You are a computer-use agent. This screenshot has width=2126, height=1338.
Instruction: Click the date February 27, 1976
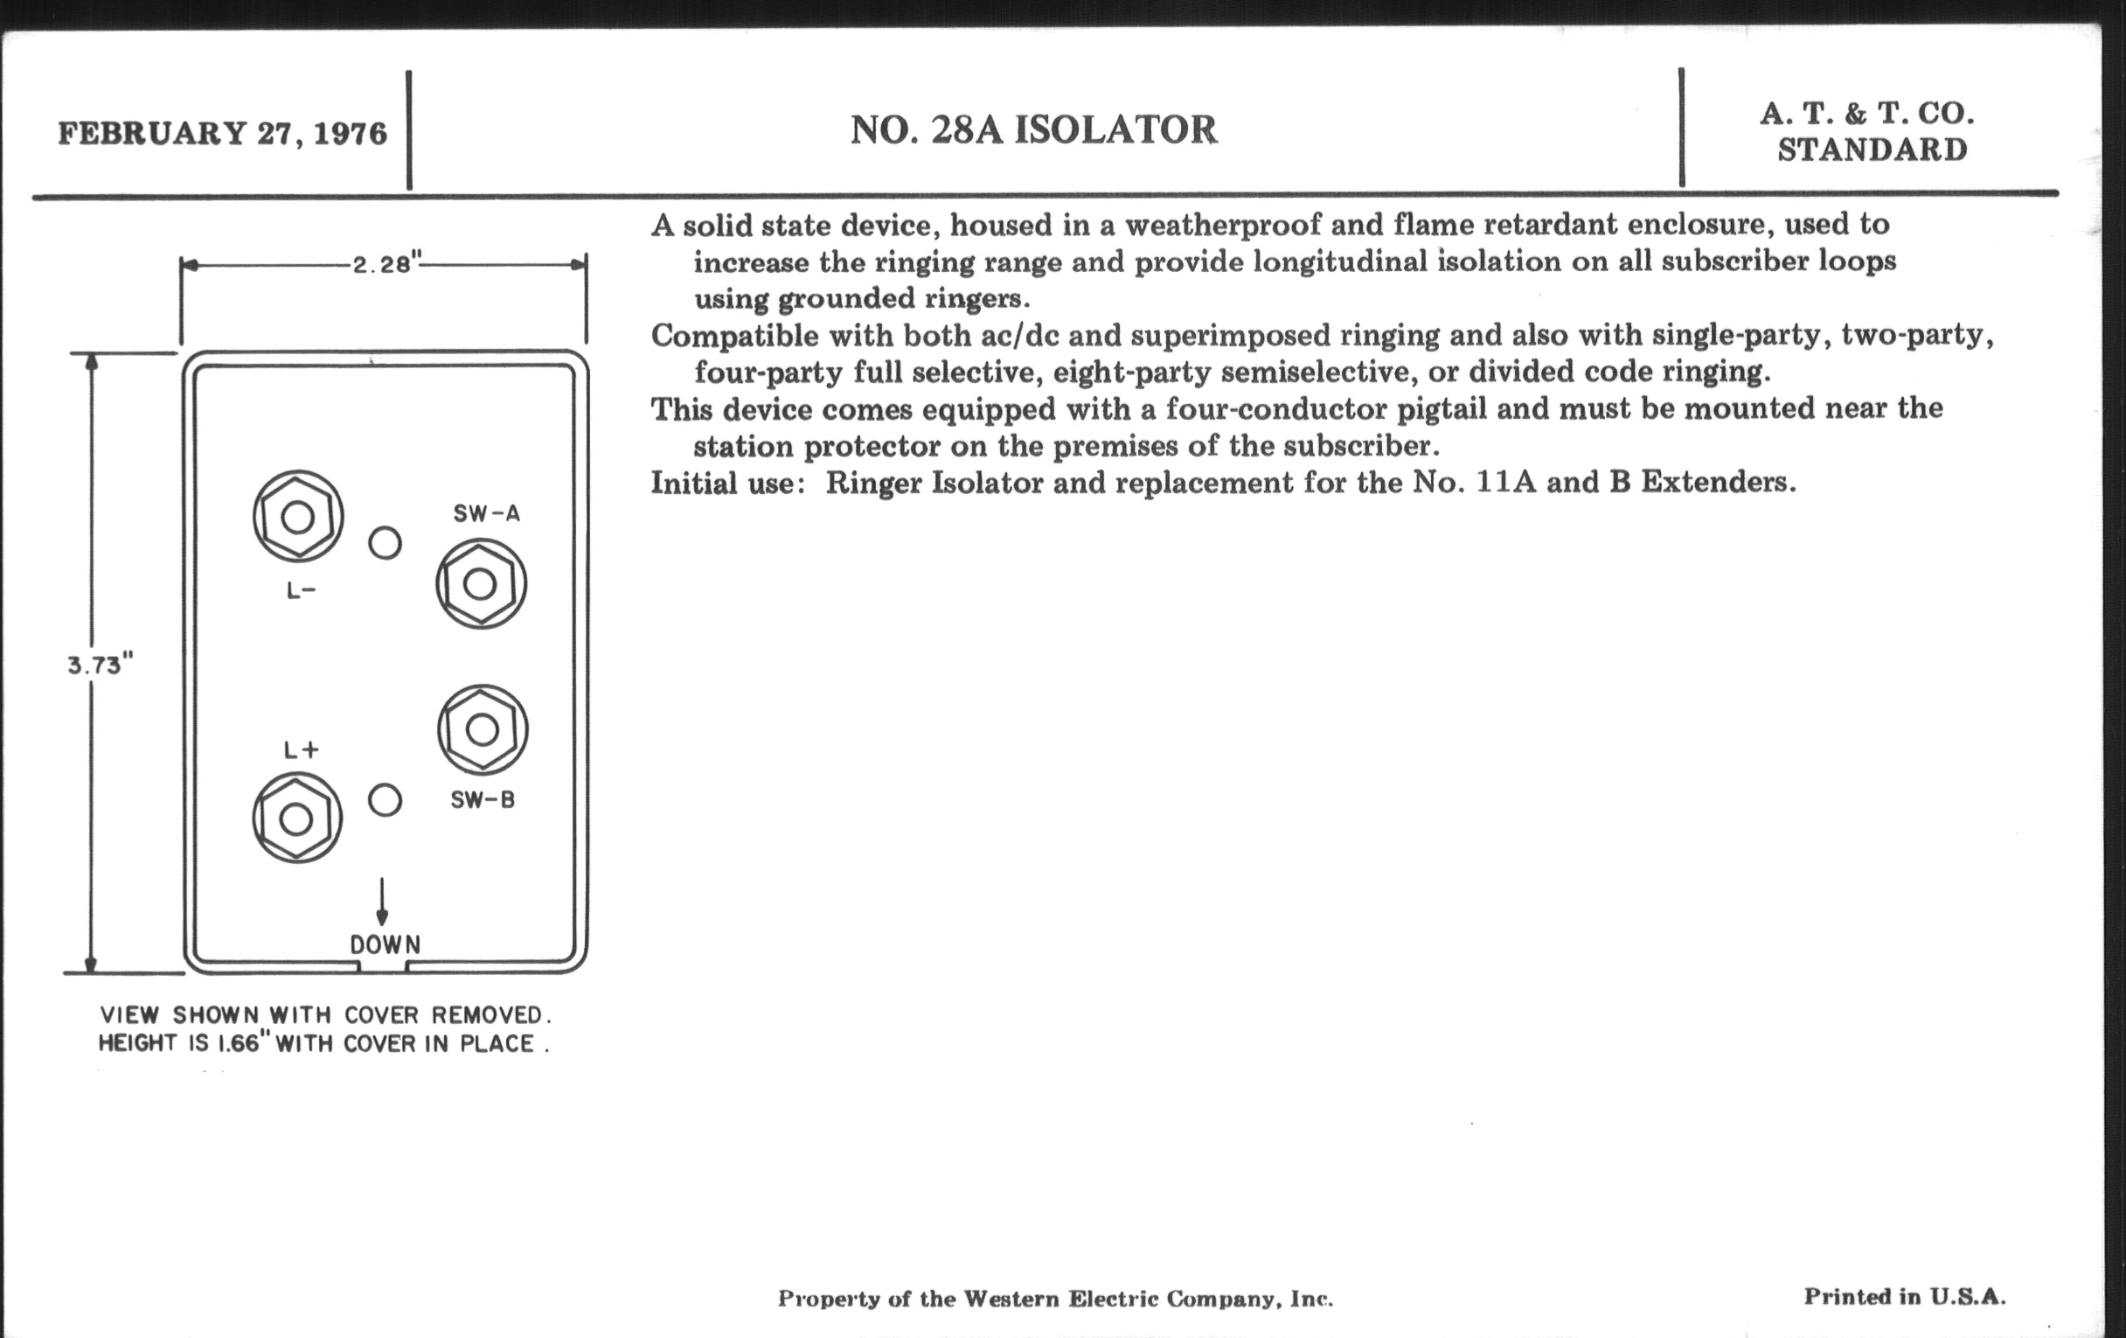(223, 133)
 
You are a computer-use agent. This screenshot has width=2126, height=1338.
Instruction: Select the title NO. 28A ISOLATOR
(1033, 129)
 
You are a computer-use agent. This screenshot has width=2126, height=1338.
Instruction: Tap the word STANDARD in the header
(1872, 150)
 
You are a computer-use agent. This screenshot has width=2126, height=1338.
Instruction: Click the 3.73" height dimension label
(100, 664)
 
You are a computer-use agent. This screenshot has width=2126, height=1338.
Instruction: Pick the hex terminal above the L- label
(297, 517)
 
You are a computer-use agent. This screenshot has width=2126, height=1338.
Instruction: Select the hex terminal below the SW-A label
(480, 584)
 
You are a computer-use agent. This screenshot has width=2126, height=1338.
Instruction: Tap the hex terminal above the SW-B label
(482, 729)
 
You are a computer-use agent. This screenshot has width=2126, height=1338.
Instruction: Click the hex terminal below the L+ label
(296, 819)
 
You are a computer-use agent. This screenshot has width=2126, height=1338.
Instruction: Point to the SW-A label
(486, 514)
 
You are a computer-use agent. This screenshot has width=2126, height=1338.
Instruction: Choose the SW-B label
(482, 800)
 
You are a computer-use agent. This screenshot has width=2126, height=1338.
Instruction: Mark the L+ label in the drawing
(300, 750)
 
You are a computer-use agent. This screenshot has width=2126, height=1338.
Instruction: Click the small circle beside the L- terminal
(385, 542)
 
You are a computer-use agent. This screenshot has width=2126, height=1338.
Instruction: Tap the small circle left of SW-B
(385, 800)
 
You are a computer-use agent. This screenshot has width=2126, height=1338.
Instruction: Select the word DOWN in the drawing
(385, 945)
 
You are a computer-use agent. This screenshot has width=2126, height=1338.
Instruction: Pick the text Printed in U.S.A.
(1904, 1297)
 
